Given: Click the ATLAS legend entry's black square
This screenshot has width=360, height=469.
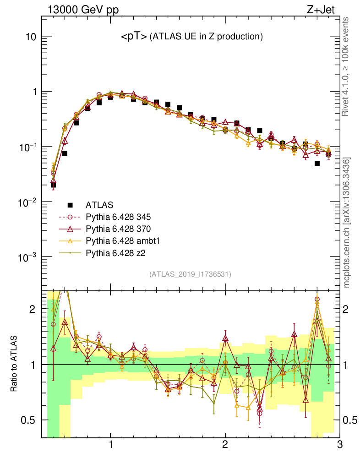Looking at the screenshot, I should (70, 205).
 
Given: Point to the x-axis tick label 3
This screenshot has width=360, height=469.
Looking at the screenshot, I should (339, 445).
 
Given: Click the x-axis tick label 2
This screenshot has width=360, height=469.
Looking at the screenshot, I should (225, 445).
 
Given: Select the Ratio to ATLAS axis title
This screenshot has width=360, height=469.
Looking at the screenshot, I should (14, 365).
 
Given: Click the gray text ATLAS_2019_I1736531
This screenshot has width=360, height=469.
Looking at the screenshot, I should (190, 274).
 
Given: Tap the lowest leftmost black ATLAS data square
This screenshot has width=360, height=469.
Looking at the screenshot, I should (53, 185).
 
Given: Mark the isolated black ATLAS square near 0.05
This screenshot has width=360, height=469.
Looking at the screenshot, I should (317, 164).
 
